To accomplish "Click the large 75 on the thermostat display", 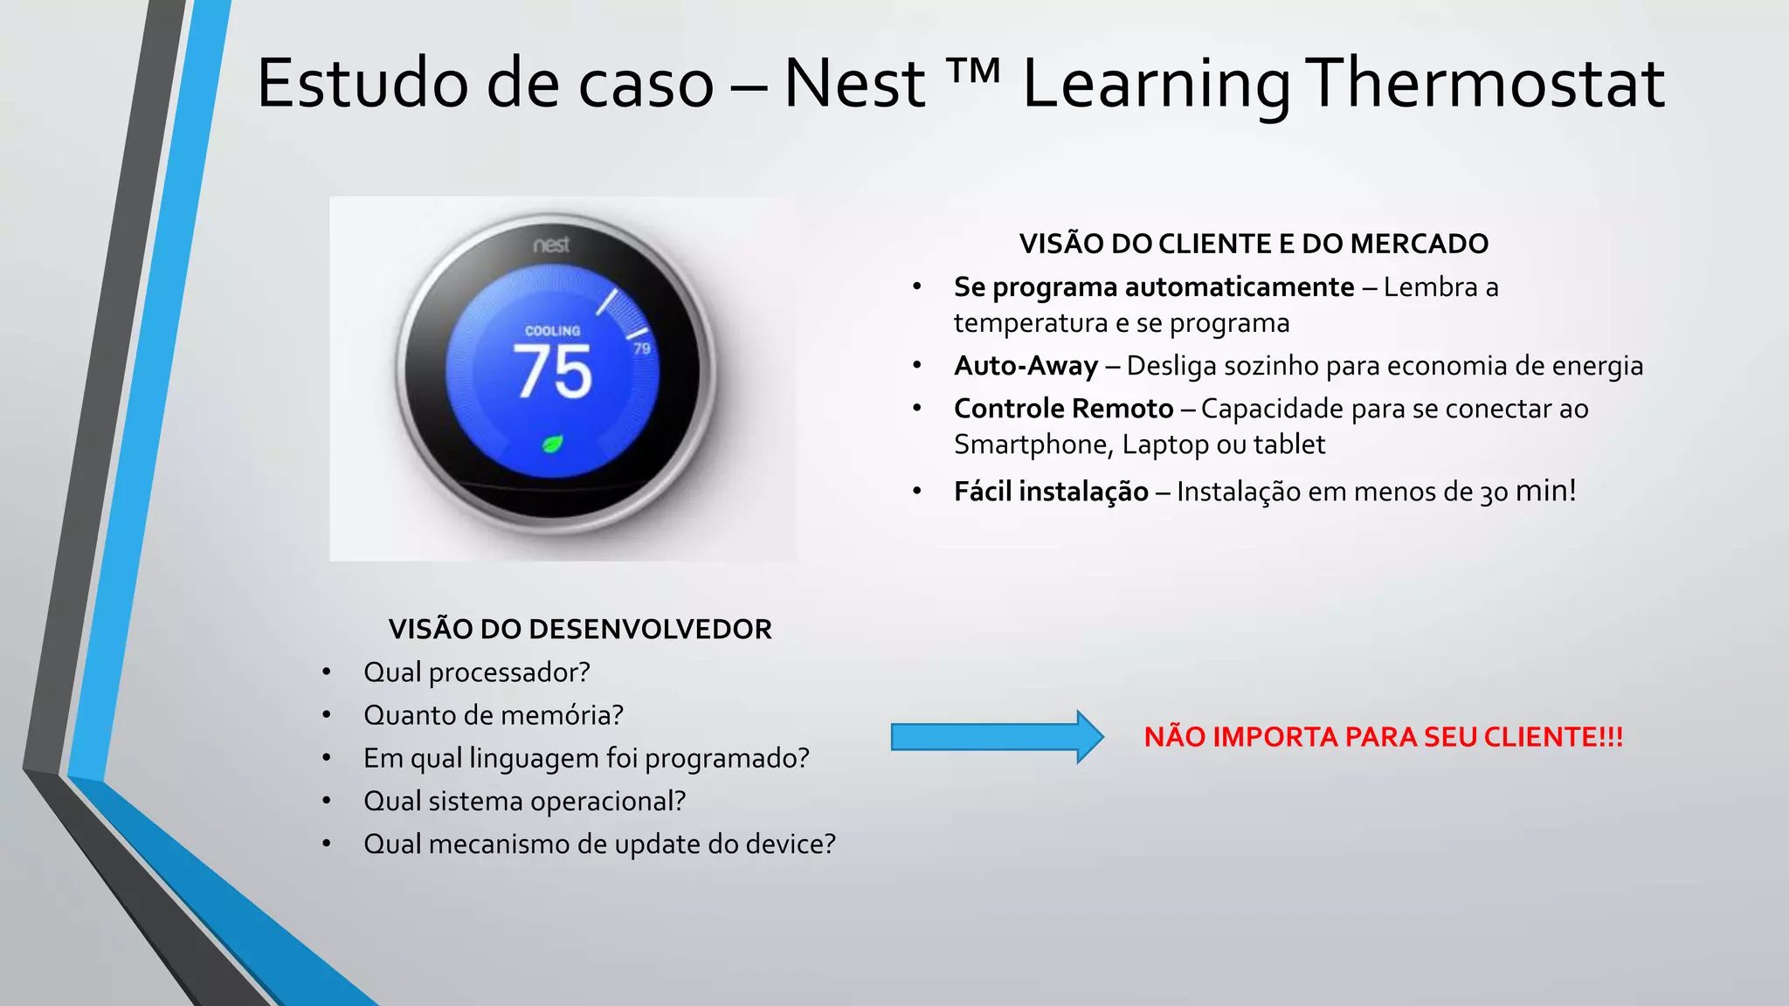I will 554,373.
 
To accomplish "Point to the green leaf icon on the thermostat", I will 552,444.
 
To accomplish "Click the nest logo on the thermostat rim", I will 551,245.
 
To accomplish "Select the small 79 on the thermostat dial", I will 642,348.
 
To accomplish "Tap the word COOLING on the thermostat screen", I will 552,331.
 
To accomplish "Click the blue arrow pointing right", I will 997,737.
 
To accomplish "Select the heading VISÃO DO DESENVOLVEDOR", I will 580,630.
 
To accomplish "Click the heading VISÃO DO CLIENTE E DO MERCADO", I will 1254,244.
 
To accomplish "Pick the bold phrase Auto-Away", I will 1026,366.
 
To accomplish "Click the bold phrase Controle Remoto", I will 1063,409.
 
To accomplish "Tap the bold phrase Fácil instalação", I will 1051,492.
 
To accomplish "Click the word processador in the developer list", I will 509,672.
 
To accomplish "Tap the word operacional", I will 608,801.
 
